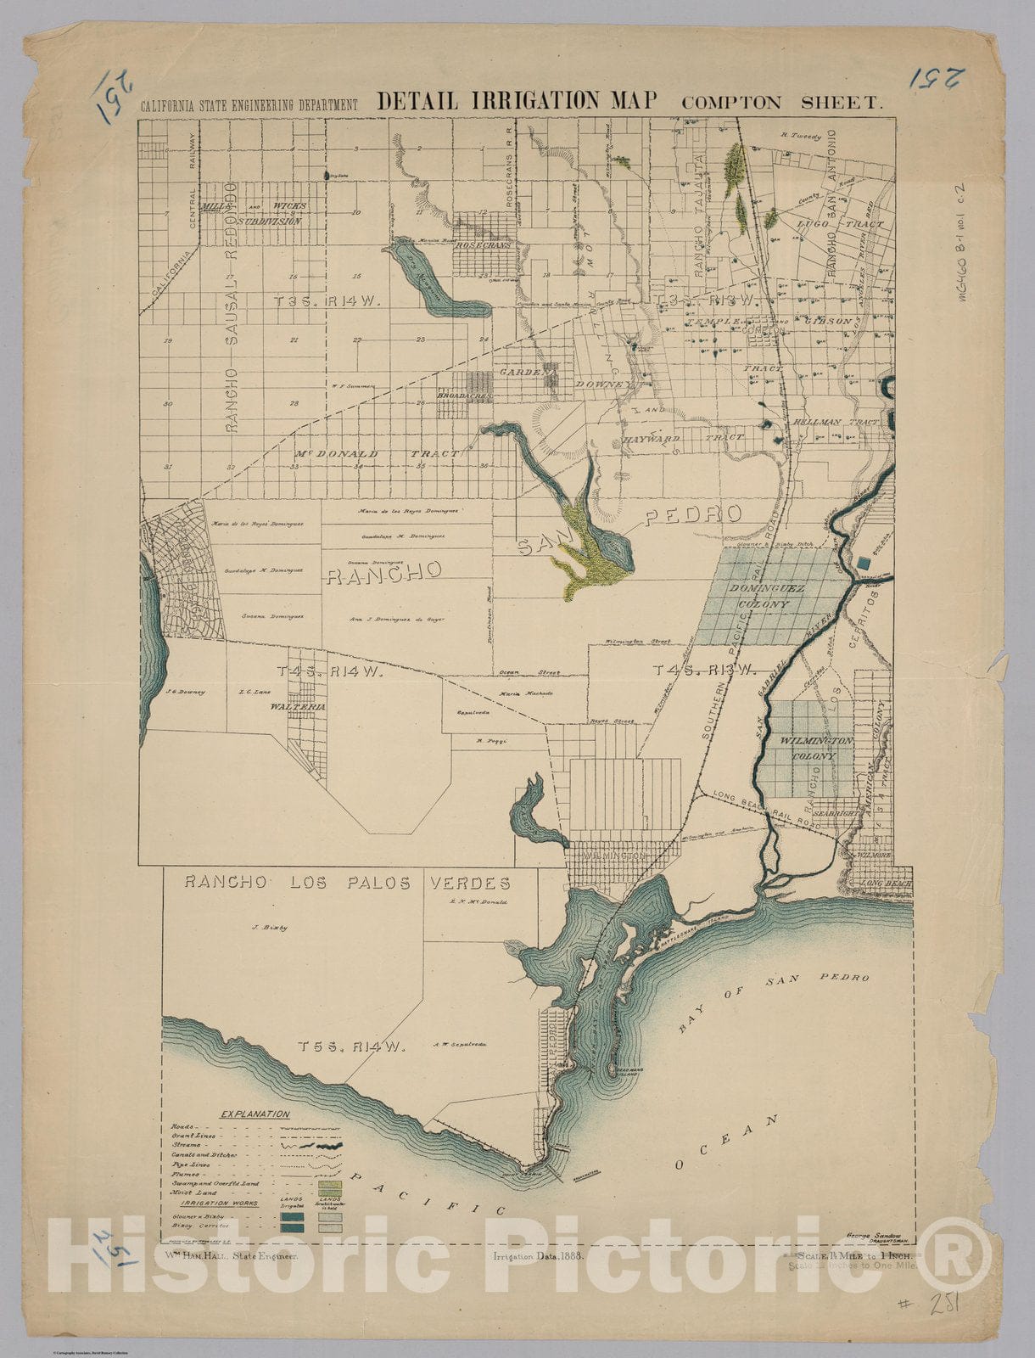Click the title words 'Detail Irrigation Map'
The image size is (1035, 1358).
[517, 100]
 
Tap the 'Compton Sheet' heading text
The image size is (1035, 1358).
[782, 103]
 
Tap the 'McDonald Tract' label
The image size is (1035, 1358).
[378, 454]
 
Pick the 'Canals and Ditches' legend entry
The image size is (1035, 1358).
[204, 1155]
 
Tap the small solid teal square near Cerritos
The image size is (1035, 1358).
[864, 562]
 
